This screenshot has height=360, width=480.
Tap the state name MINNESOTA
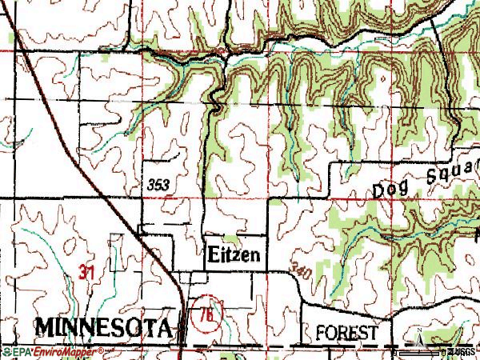103,328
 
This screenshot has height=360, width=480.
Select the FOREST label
346,331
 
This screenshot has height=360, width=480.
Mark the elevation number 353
158,183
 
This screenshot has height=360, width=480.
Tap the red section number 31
87,273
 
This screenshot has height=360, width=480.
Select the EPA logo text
15,352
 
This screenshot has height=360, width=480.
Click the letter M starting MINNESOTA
45,328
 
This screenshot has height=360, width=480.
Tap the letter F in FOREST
320,331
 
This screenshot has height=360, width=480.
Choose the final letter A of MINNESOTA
165,328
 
